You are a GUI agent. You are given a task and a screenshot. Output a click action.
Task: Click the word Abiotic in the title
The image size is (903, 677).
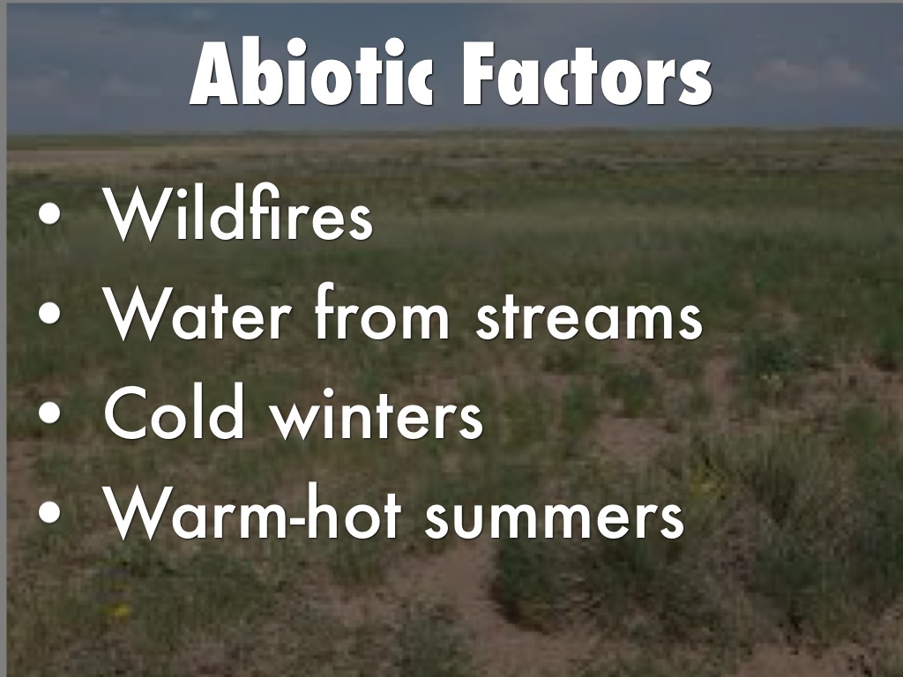pyautogui.click(x=311, y=72)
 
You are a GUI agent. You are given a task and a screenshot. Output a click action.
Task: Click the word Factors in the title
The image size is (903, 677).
pyautogui.click(x=586, y=73)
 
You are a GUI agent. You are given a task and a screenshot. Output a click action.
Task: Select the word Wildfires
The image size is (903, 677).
pyautogui.click(x=238, y=212)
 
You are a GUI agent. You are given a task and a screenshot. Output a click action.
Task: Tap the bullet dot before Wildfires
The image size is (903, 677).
pyautogui.click(x=49, y=213)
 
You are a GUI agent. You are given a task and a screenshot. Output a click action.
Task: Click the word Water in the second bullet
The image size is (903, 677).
pyautogui.click(x=197, y=314)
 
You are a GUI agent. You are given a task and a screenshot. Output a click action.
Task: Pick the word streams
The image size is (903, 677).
pyautogui.click(x=589, y=316)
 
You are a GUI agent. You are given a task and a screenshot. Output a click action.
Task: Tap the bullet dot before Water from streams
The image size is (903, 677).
pyautogui.click(x=49, y=314)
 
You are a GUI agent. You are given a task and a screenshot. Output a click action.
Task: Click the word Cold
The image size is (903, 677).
pyautogui.click(x=175, y=412)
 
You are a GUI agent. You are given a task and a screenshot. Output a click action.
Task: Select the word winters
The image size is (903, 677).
pyautogui.click(x=377, y=413)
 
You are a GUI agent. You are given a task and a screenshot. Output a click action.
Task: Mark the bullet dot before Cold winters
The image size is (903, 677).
pyautogui.click(x=49, y=413)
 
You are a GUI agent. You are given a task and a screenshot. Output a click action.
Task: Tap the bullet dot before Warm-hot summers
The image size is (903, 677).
pyautogui.click(x=49, y=512)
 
